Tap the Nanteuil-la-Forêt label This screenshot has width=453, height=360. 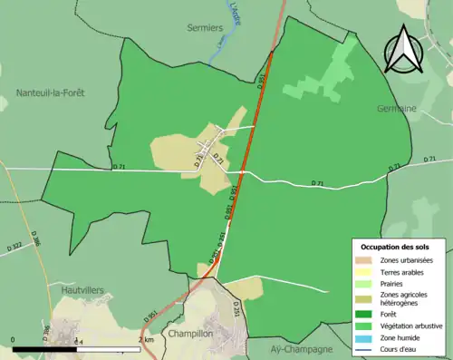50,92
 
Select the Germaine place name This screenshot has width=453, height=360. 396,108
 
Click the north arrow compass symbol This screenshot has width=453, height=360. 403,50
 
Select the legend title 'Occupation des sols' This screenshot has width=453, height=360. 396,247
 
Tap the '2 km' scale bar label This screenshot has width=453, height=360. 147,339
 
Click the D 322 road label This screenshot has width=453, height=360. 15,246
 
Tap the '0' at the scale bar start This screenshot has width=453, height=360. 14,339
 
